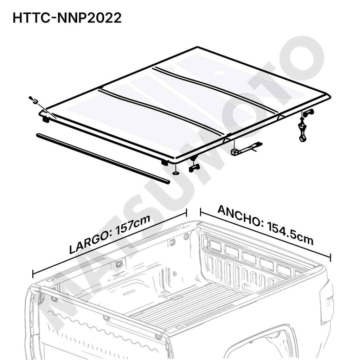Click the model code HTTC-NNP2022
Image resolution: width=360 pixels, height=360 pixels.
click(67, 18)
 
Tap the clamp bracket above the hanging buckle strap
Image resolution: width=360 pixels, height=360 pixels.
click(308, 112)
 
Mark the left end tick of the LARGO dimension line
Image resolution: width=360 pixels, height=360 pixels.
click(33, 274)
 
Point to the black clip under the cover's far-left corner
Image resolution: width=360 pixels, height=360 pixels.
click(46, 120)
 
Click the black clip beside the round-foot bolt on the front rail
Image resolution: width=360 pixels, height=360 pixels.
click(165, 162)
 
